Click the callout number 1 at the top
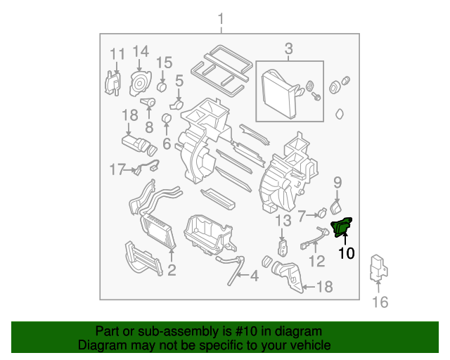click(221, 18)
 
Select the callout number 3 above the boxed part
click(288, 49)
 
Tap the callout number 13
click(282, 221)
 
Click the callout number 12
click(317, 262)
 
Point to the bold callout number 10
click(347, 253)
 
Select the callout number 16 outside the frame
click(380, 302)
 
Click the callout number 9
click(337, 183)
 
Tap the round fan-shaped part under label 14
click(139, 84)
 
